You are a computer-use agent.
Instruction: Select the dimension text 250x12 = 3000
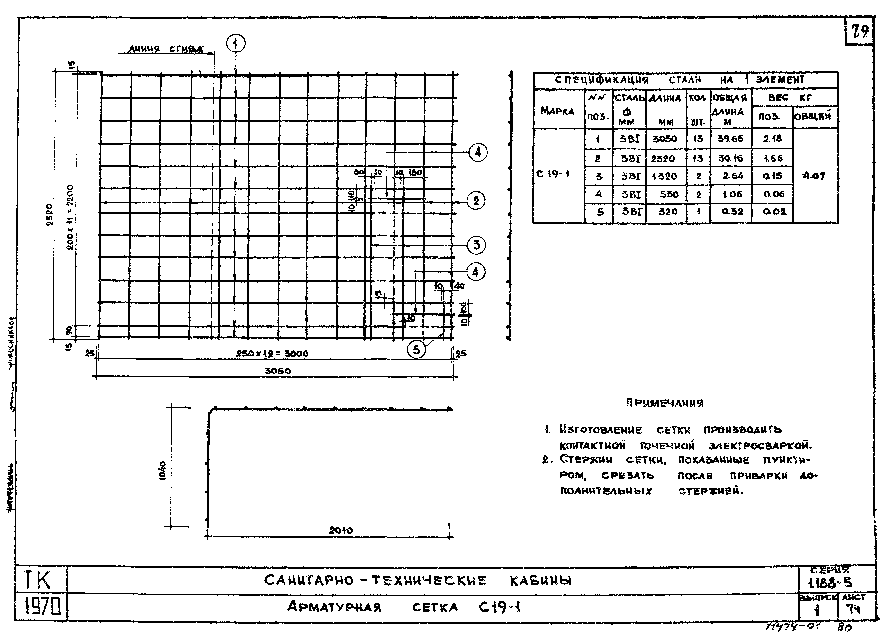[272, 353]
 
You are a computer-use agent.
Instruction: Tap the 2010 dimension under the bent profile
[341, 530]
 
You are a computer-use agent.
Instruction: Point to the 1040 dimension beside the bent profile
[163, 470]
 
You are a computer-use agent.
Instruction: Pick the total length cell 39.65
[730, 138]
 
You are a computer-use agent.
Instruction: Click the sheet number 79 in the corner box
[860, 31]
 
